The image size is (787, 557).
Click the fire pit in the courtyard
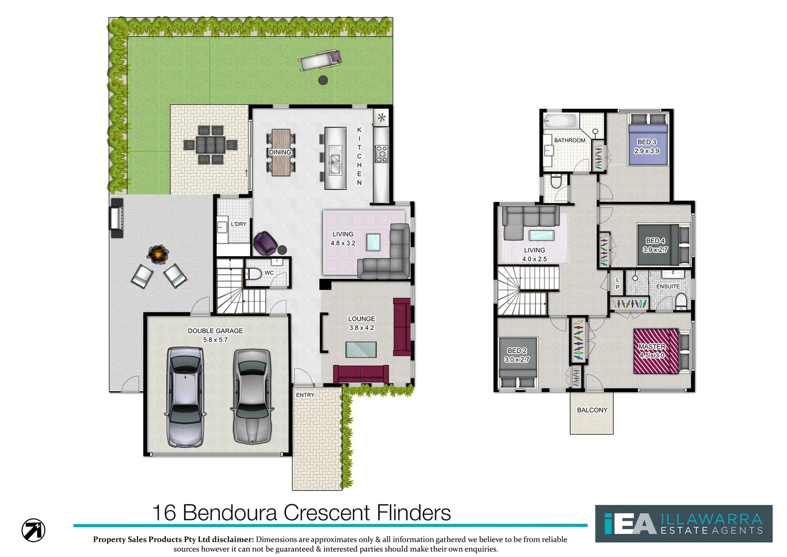click(158, 253)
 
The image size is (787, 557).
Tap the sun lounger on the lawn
click(320, 60)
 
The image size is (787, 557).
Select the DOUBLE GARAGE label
click(215, 331)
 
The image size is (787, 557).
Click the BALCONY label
click(592, 410)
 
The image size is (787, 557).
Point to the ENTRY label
click(305, 395)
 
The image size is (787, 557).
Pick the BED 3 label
click(647, 142)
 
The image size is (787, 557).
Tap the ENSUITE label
click(668, 286)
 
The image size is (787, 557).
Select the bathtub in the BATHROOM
click(561, 122)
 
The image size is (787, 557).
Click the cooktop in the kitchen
click(381, 154)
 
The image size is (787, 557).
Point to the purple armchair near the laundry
click(265, 243)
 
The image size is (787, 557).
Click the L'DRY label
click(238, 224)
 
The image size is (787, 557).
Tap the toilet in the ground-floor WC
click(252, 273)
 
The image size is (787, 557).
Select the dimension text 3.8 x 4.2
click(362, 327)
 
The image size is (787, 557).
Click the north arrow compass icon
click(33, 530)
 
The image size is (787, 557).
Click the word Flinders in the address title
click(414, 513)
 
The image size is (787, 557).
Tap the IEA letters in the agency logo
click(630, 524)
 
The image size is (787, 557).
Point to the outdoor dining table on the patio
click(210, 145)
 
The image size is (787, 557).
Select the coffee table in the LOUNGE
click(361, 350)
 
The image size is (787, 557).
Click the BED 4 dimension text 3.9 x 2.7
click(655, 250)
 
